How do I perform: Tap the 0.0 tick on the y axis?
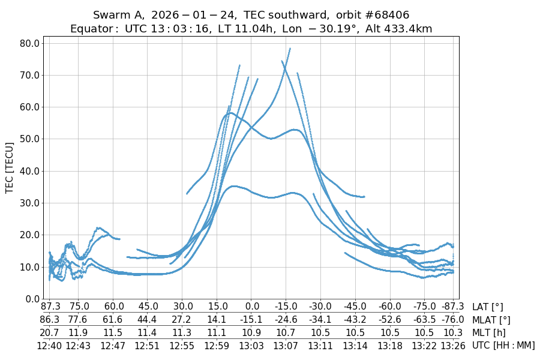[x=32, y=299]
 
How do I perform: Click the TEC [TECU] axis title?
[x=10, y=167]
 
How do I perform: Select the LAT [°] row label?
[x=488, y=307]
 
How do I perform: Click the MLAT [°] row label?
[x=492, y=320]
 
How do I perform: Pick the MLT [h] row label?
[x=490, y=332]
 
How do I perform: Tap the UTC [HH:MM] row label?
[x=503, y=345]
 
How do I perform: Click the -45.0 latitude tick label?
[x=355, y=307]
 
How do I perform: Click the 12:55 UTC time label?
[x=182, y=345]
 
